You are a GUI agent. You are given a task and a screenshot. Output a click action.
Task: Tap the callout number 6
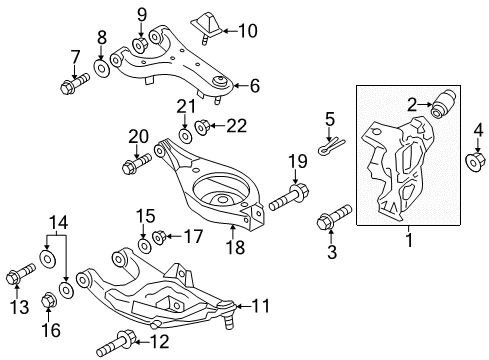coord(254,87)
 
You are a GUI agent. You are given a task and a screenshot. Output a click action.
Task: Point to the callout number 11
coord(262,306)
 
